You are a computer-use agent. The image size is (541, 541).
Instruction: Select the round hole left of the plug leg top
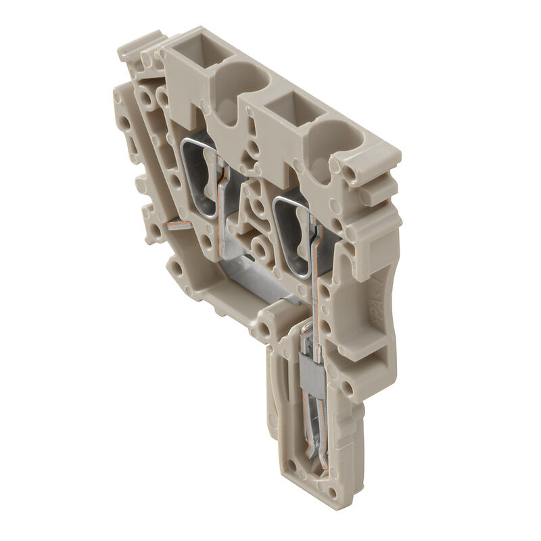click(264, 331)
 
